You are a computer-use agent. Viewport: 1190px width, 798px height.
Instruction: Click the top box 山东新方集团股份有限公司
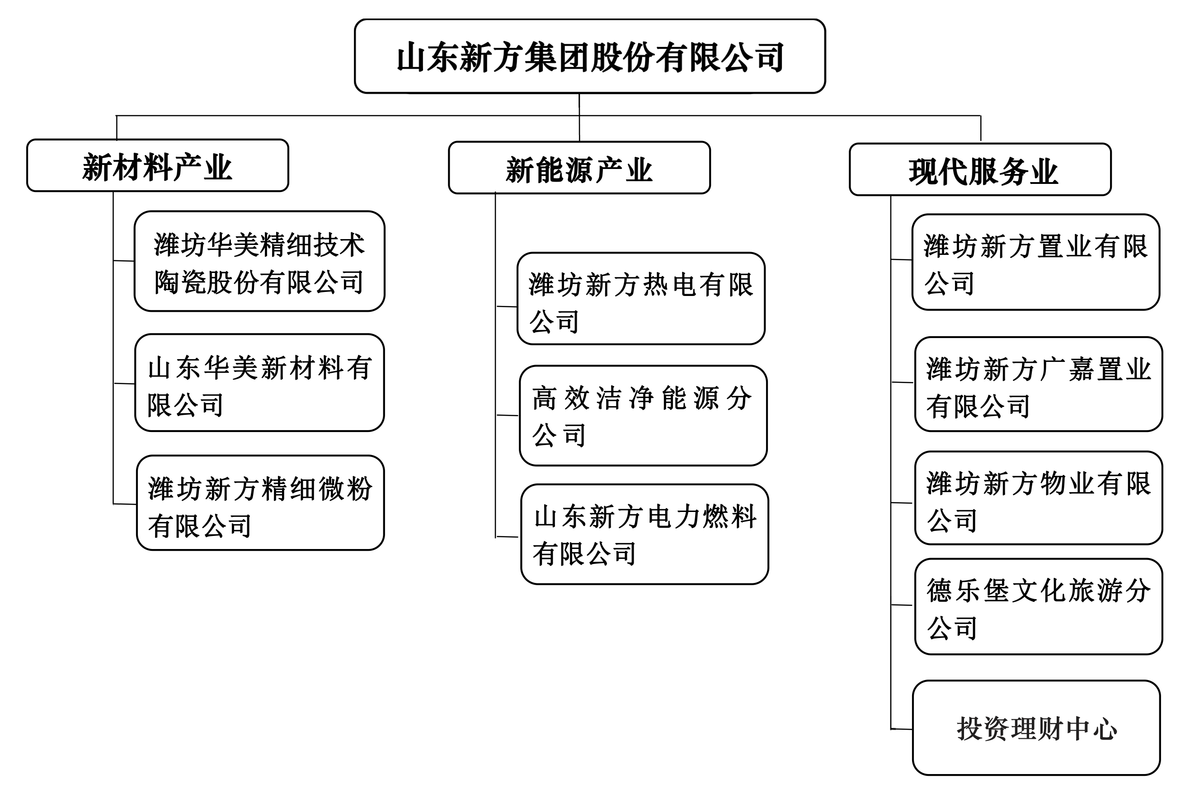click(x=589, y=56)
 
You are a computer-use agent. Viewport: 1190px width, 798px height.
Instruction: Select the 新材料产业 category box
click(x=158, y=165)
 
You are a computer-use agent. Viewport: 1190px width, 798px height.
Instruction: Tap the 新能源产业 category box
click(x=579, y=168)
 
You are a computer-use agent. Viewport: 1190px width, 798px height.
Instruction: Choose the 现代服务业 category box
click(x=980, y=169)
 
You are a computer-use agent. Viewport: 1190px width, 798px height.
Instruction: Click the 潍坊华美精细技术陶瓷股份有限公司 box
click(x=259, y=261)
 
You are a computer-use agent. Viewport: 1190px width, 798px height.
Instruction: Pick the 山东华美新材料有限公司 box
click(x=259, y=383)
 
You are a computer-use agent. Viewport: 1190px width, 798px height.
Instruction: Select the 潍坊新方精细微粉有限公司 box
click(x=260, y=503)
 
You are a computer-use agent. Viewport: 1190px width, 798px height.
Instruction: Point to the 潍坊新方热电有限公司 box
click(x=641, y=299)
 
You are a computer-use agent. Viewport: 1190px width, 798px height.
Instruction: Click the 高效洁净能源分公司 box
click(x=643, y=415)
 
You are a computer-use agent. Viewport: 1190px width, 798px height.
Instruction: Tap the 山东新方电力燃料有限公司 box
click(x=644, y=534)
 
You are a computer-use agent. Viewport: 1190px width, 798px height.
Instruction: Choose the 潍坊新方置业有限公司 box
click(x=1035, y=262)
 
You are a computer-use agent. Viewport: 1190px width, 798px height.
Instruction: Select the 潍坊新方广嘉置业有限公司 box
click(x=1038, y=384)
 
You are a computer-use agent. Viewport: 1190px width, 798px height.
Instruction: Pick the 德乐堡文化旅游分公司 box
click(x=1038, y=607)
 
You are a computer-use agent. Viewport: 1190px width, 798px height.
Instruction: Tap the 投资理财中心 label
click(x=1036, y=729)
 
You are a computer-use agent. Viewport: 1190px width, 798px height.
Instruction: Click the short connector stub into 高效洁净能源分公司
click(x=508, y=415)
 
